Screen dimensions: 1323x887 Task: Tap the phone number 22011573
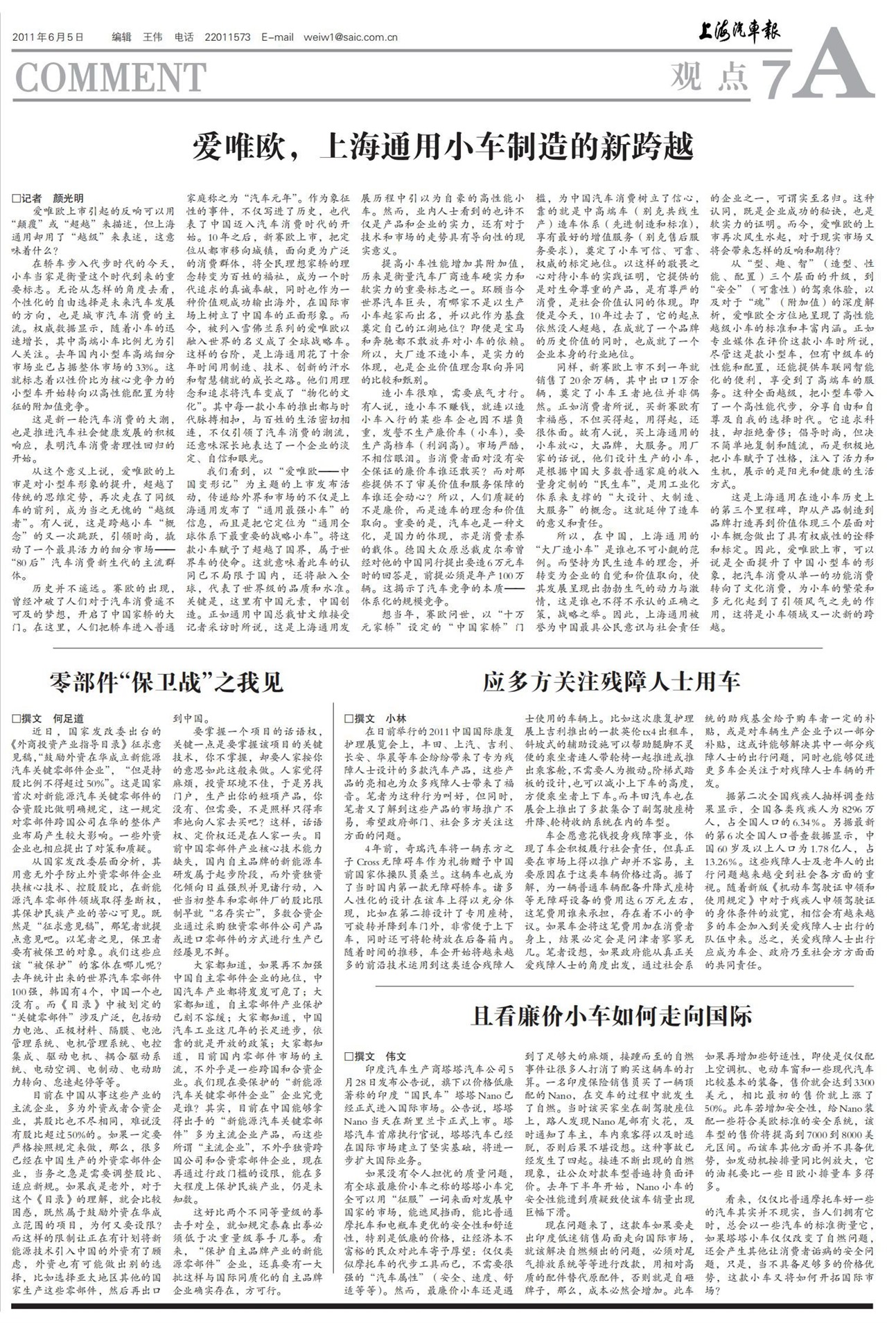coord(228,37)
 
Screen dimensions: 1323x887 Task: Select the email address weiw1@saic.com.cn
coord(350,37)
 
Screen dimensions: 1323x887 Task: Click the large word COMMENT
coord(110,77)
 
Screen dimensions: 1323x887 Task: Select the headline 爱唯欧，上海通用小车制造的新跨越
coord(443,148)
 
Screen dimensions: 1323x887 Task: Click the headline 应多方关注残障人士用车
coord(611,682)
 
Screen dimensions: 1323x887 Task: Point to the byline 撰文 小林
coord(375,718)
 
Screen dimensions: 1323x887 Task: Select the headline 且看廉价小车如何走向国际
coord(611,1016)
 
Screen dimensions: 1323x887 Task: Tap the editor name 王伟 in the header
coord(152,37)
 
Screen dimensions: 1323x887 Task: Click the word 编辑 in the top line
coord(121,37)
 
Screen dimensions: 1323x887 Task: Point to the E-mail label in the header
coord(278,37)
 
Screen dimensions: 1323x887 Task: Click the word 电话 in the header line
coord(184,37)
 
